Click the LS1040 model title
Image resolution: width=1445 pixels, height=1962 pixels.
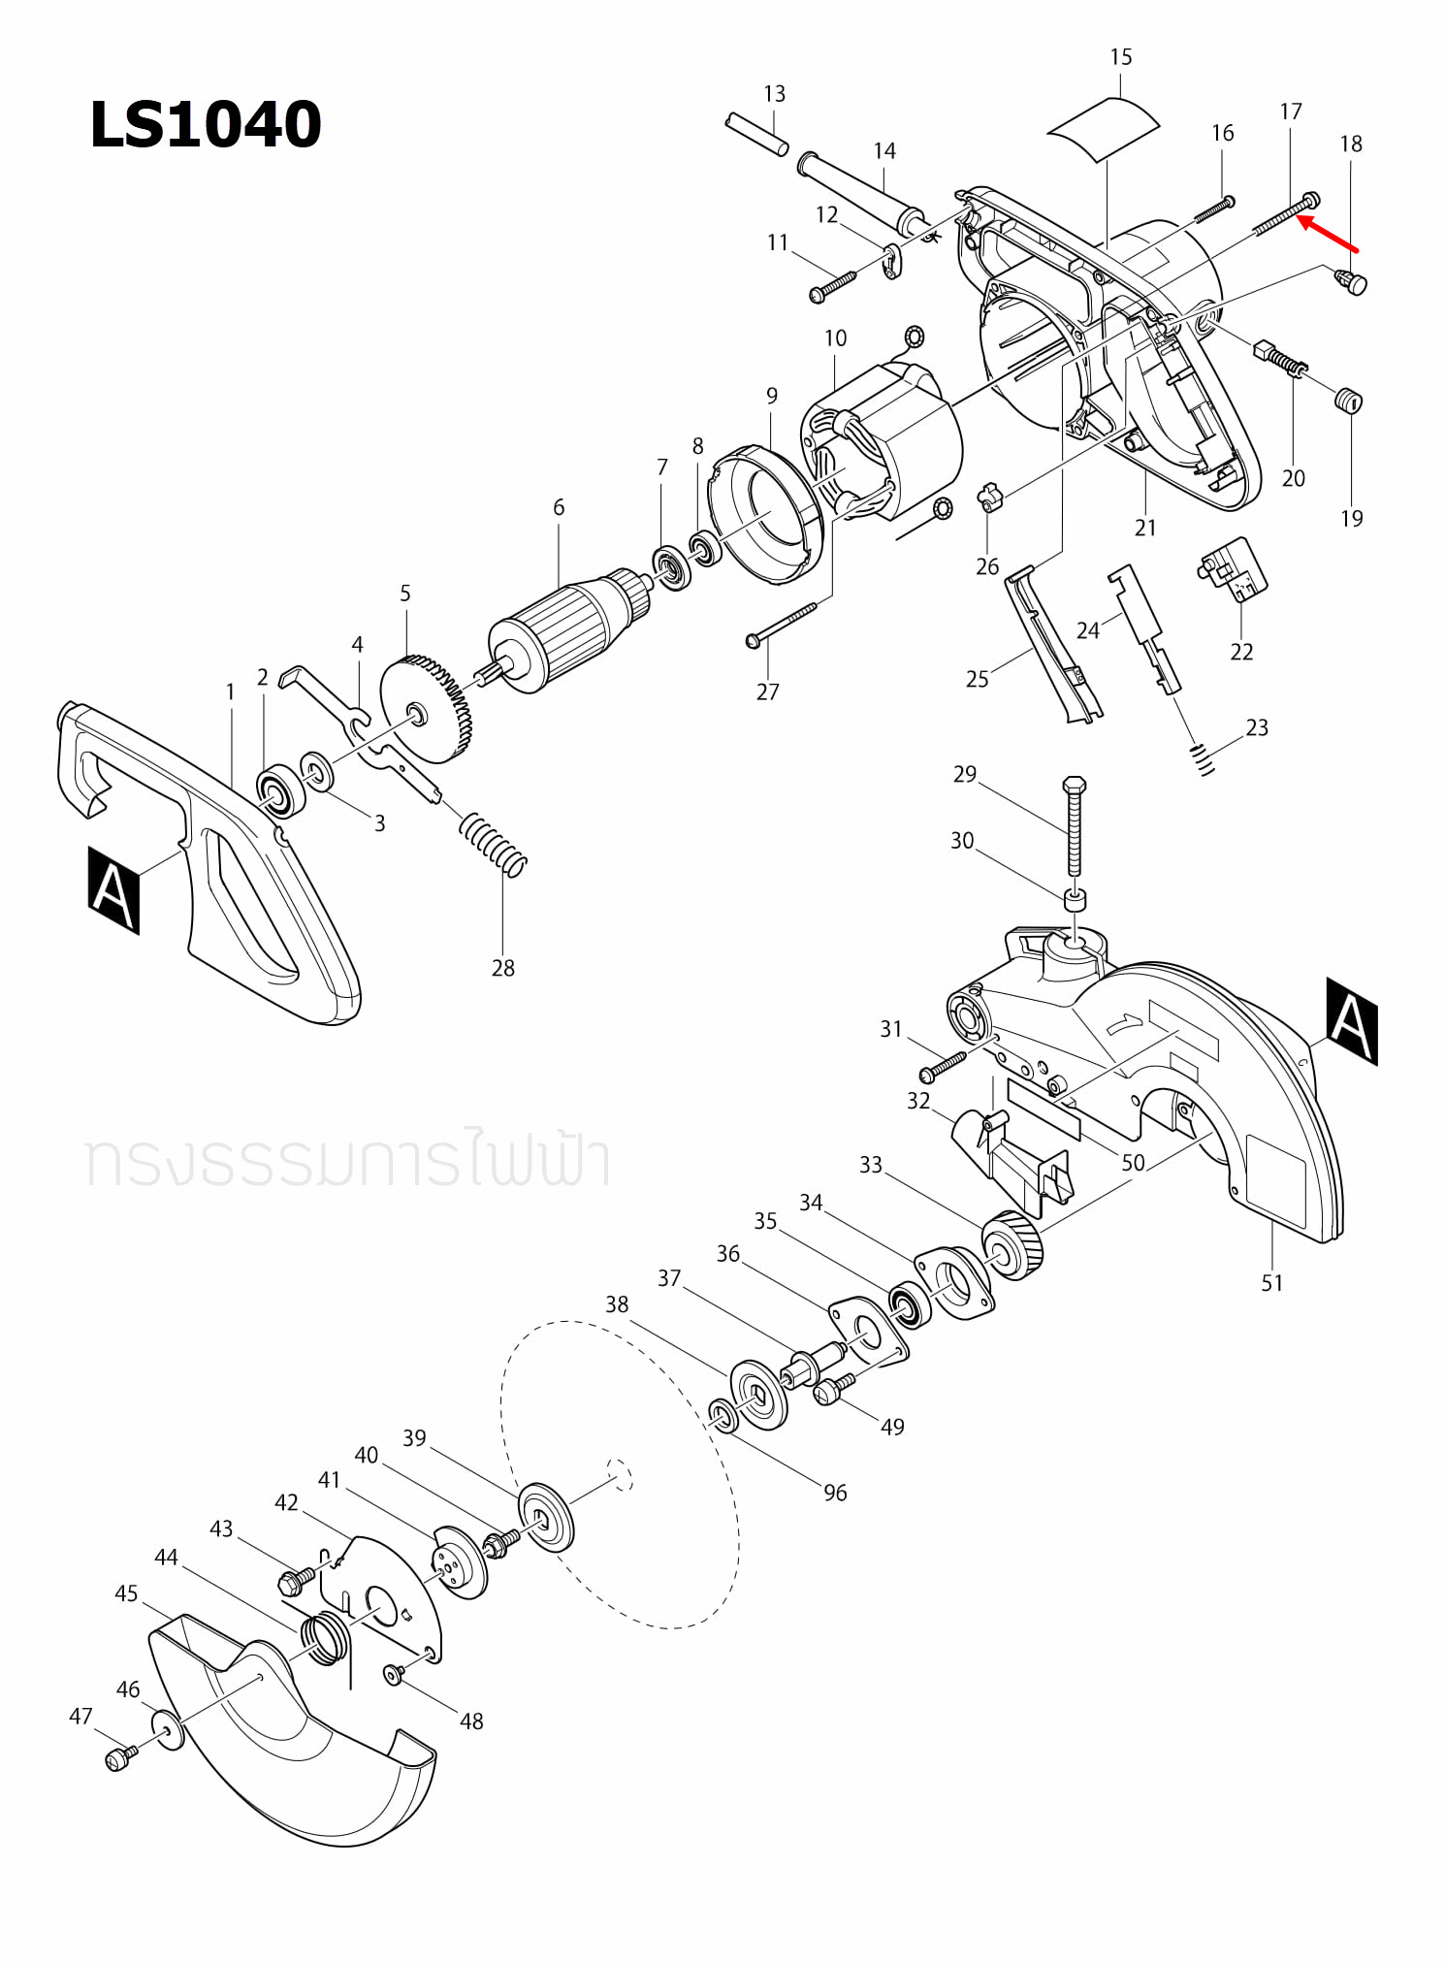[205, 125]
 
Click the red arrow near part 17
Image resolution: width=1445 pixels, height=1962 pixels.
[1328, 235]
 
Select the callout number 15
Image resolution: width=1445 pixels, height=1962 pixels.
[1120, 57]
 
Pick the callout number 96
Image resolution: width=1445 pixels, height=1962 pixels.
[835, 1493]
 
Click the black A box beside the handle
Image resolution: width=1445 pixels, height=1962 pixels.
[113, 889]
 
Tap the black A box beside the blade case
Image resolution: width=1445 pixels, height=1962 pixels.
[1351, 1021]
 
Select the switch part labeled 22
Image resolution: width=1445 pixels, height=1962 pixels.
[1233, 569]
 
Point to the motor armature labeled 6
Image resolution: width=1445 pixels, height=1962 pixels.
[562, 629]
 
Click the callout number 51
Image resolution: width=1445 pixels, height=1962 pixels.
[1271, 1283]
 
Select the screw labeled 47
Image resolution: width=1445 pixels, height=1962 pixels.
[118, 1758]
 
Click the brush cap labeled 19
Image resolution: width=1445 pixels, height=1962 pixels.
[1349, 400]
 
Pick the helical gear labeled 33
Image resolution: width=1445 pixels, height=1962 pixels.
[1012, 1245]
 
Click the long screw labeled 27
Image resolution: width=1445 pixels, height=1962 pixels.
[782, 624]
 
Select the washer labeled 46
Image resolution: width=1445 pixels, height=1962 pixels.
[168, 1730]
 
